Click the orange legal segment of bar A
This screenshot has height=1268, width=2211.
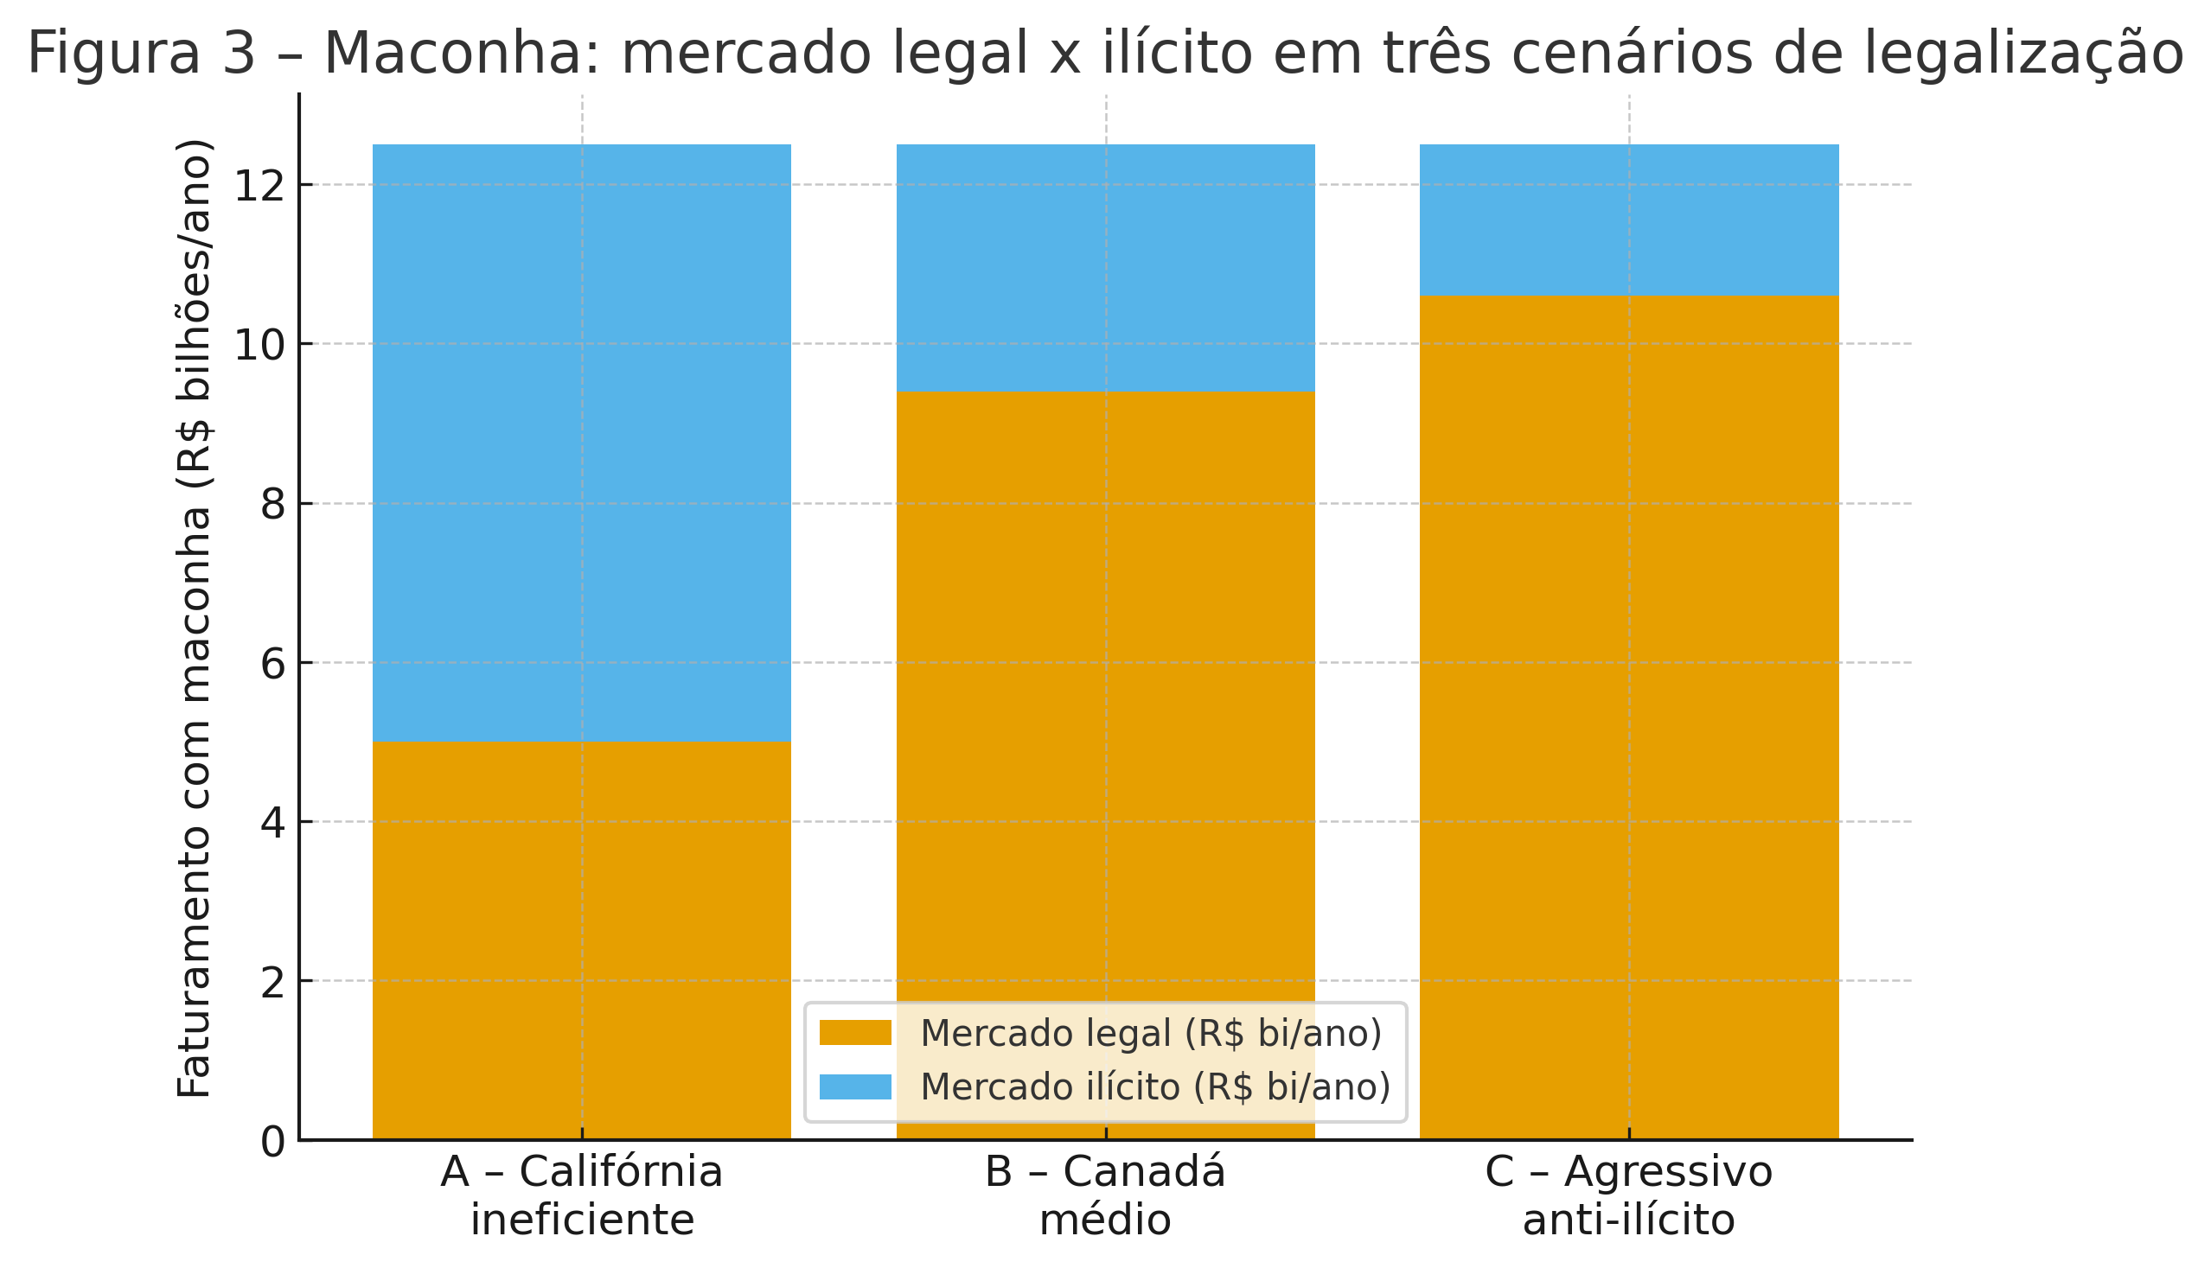(x=581, y=940)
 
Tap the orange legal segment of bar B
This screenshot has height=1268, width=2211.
(x=1104, y=697)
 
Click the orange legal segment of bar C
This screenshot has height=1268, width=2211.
(x=1628, y=697)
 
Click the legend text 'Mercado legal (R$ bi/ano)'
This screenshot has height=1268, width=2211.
(x=1151, y=1034)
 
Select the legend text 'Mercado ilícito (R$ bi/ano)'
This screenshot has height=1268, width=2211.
(x=1155, y=1086)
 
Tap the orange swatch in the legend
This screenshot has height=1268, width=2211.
(x=854, y=1033)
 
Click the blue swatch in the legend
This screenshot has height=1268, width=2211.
(x=854, y=1086)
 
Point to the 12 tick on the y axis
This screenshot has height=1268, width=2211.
(x=260, y=186)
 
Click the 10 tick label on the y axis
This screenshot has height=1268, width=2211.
(x=260, y=345)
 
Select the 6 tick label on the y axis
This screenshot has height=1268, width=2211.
(x=272, y=664)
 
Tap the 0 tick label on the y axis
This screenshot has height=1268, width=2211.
(x=272, y=1141)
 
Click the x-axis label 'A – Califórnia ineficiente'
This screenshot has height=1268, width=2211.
(x=581, y=1195)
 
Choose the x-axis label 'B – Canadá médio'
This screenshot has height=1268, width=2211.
(x=1104, y=1195)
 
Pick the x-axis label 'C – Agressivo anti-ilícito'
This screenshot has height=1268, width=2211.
(x=1628, y=1195)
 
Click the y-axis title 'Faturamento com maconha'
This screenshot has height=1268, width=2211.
(x=195, y=618)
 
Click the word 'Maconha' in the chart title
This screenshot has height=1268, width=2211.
(x=463, y=53)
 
